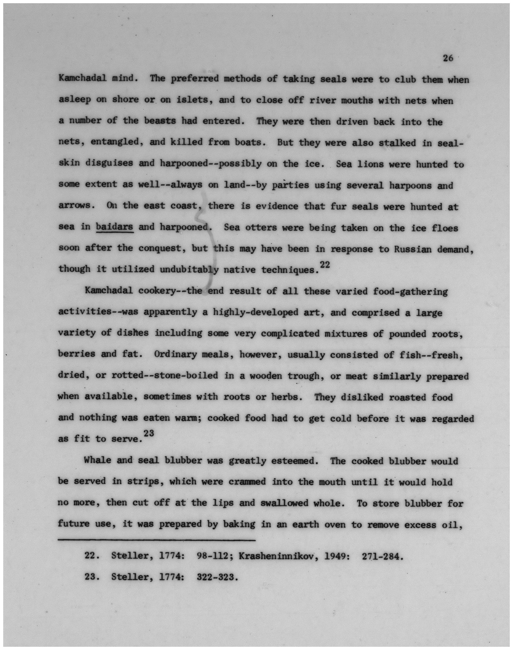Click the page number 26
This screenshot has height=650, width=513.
tap(448, 58)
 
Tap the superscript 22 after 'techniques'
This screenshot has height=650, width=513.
tap(325, 265)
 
